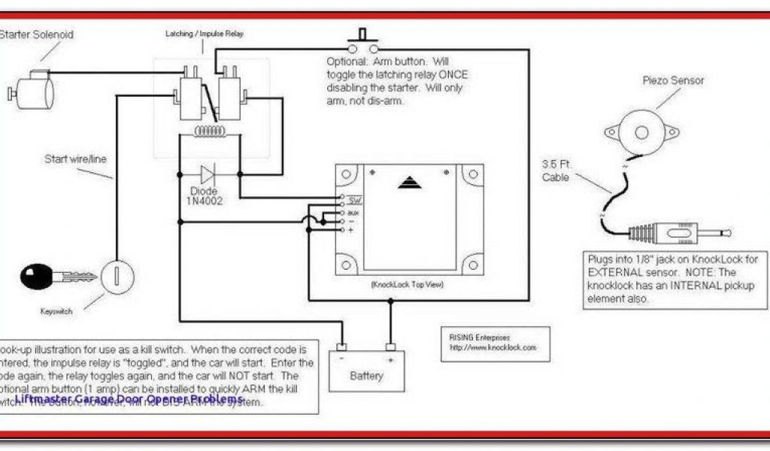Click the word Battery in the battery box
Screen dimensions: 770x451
[x=366, y=376]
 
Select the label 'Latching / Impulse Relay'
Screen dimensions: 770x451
[x=204, y=34]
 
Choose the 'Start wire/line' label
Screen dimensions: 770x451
[x=76, y=159]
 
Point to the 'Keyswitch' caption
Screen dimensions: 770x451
[x=56, y=311]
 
